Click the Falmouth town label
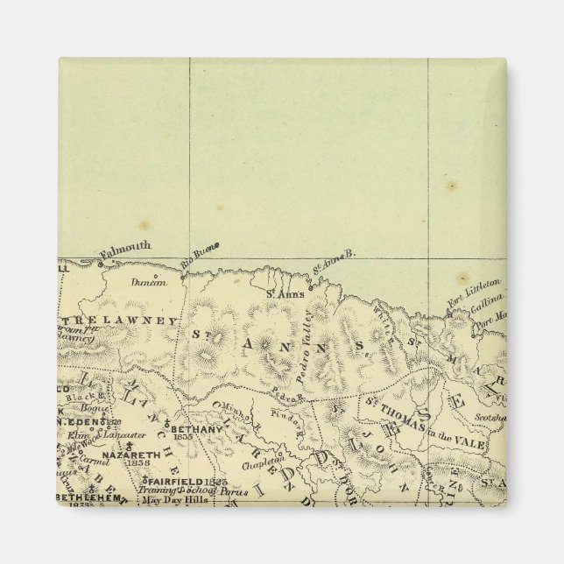[127, 248]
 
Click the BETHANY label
[194, 430]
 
